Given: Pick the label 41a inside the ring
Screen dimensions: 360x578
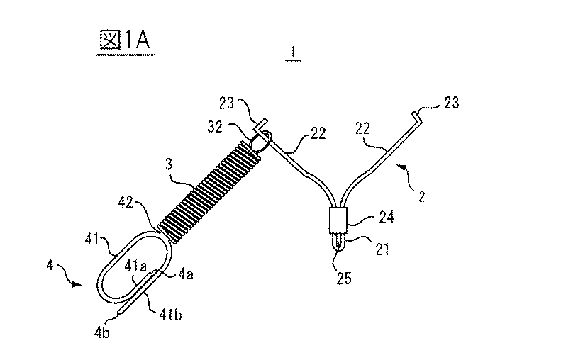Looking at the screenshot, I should (x=133, y=267).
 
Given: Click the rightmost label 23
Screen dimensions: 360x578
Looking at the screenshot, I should (x=450, y=103).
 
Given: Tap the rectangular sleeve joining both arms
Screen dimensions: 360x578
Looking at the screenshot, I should (x=338, y=220).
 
